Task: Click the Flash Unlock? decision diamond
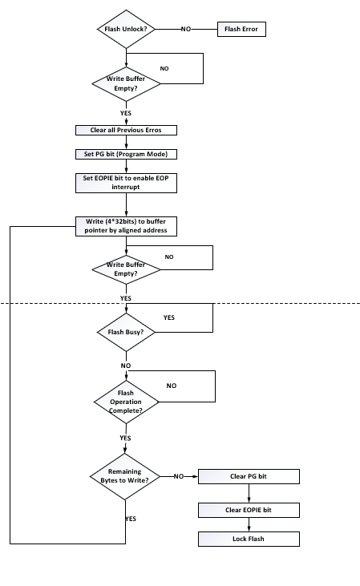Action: coord(125,29)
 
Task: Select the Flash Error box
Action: coord(241,29)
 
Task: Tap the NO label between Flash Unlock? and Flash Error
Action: coord(186,29)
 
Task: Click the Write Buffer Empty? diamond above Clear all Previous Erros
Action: coord(125,83)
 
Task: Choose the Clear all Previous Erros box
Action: coord(126,130)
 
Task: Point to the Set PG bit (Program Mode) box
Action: coord(126,154)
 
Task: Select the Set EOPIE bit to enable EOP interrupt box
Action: coord(126,183)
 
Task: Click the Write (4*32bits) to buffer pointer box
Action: coord(126,226)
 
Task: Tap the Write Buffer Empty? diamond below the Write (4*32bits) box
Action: coord(126,269)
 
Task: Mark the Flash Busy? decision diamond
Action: coord(125,330)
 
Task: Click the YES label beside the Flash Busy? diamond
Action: coord(168,317)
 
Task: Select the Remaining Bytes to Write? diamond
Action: coord(125,476)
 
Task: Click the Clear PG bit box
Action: coord(249,476)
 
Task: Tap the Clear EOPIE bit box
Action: coord(249,510)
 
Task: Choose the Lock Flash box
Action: coord(249,539)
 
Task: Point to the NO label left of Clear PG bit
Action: coord(178,476)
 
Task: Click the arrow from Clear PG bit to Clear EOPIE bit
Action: coord(249,493)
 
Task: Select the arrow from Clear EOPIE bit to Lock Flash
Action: coord(249,524)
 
